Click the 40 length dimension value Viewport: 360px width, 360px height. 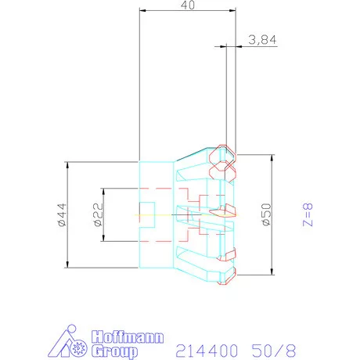pyautogui.click(x=188, y=5)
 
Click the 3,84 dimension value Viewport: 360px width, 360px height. pyautogui.click(x=262, y=40)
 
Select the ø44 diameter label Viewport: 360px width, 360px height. pyautogui.click(x=62, y=215)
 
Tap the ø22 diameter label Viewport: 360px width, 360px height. pyautogui.click(x=99, y=215)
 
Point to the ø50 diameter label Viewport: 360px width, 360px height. pyautogui.click(x=266, y=214)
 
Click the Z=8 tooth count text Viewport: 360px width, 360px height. pyautogui.click(x=308, y=214)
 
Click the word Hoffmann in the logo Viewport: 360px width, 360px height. pyautogui.click(x=128, y=337)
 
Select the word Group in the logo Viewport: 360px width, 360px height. pyautogui.click(x=114, y=351)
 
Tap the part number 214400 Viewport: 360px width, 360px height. pyautogui.click(x=207, y=351)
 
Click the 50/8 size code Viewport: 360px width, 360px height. pyautogui.click(x=274, y=351)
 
